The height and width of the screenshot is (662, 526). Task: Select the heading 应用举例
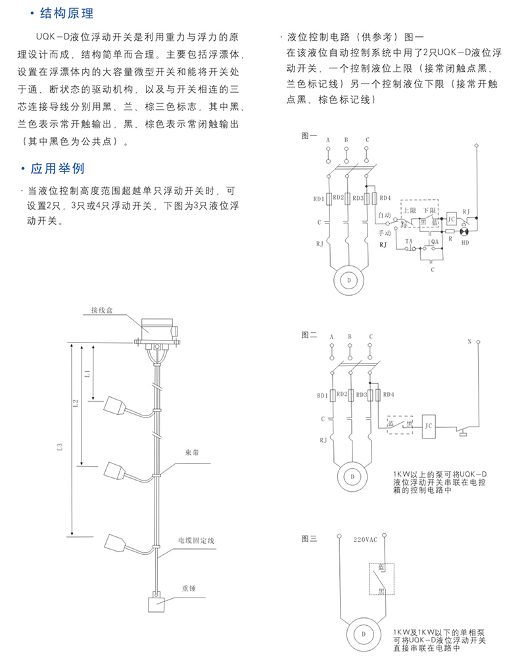tap(57, 169)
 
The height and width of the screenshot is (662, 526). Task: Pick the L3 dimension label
tap(60, 448)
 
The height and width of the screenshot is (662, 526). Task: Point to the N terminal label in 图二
tap(469, 341)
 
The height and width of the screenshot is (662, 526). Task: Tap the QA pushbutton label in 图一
tap(434, 243)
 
